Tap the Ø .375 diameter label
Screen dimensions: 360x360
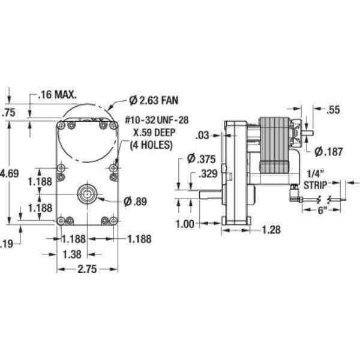pyautogui.click(x=197, y=159)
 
